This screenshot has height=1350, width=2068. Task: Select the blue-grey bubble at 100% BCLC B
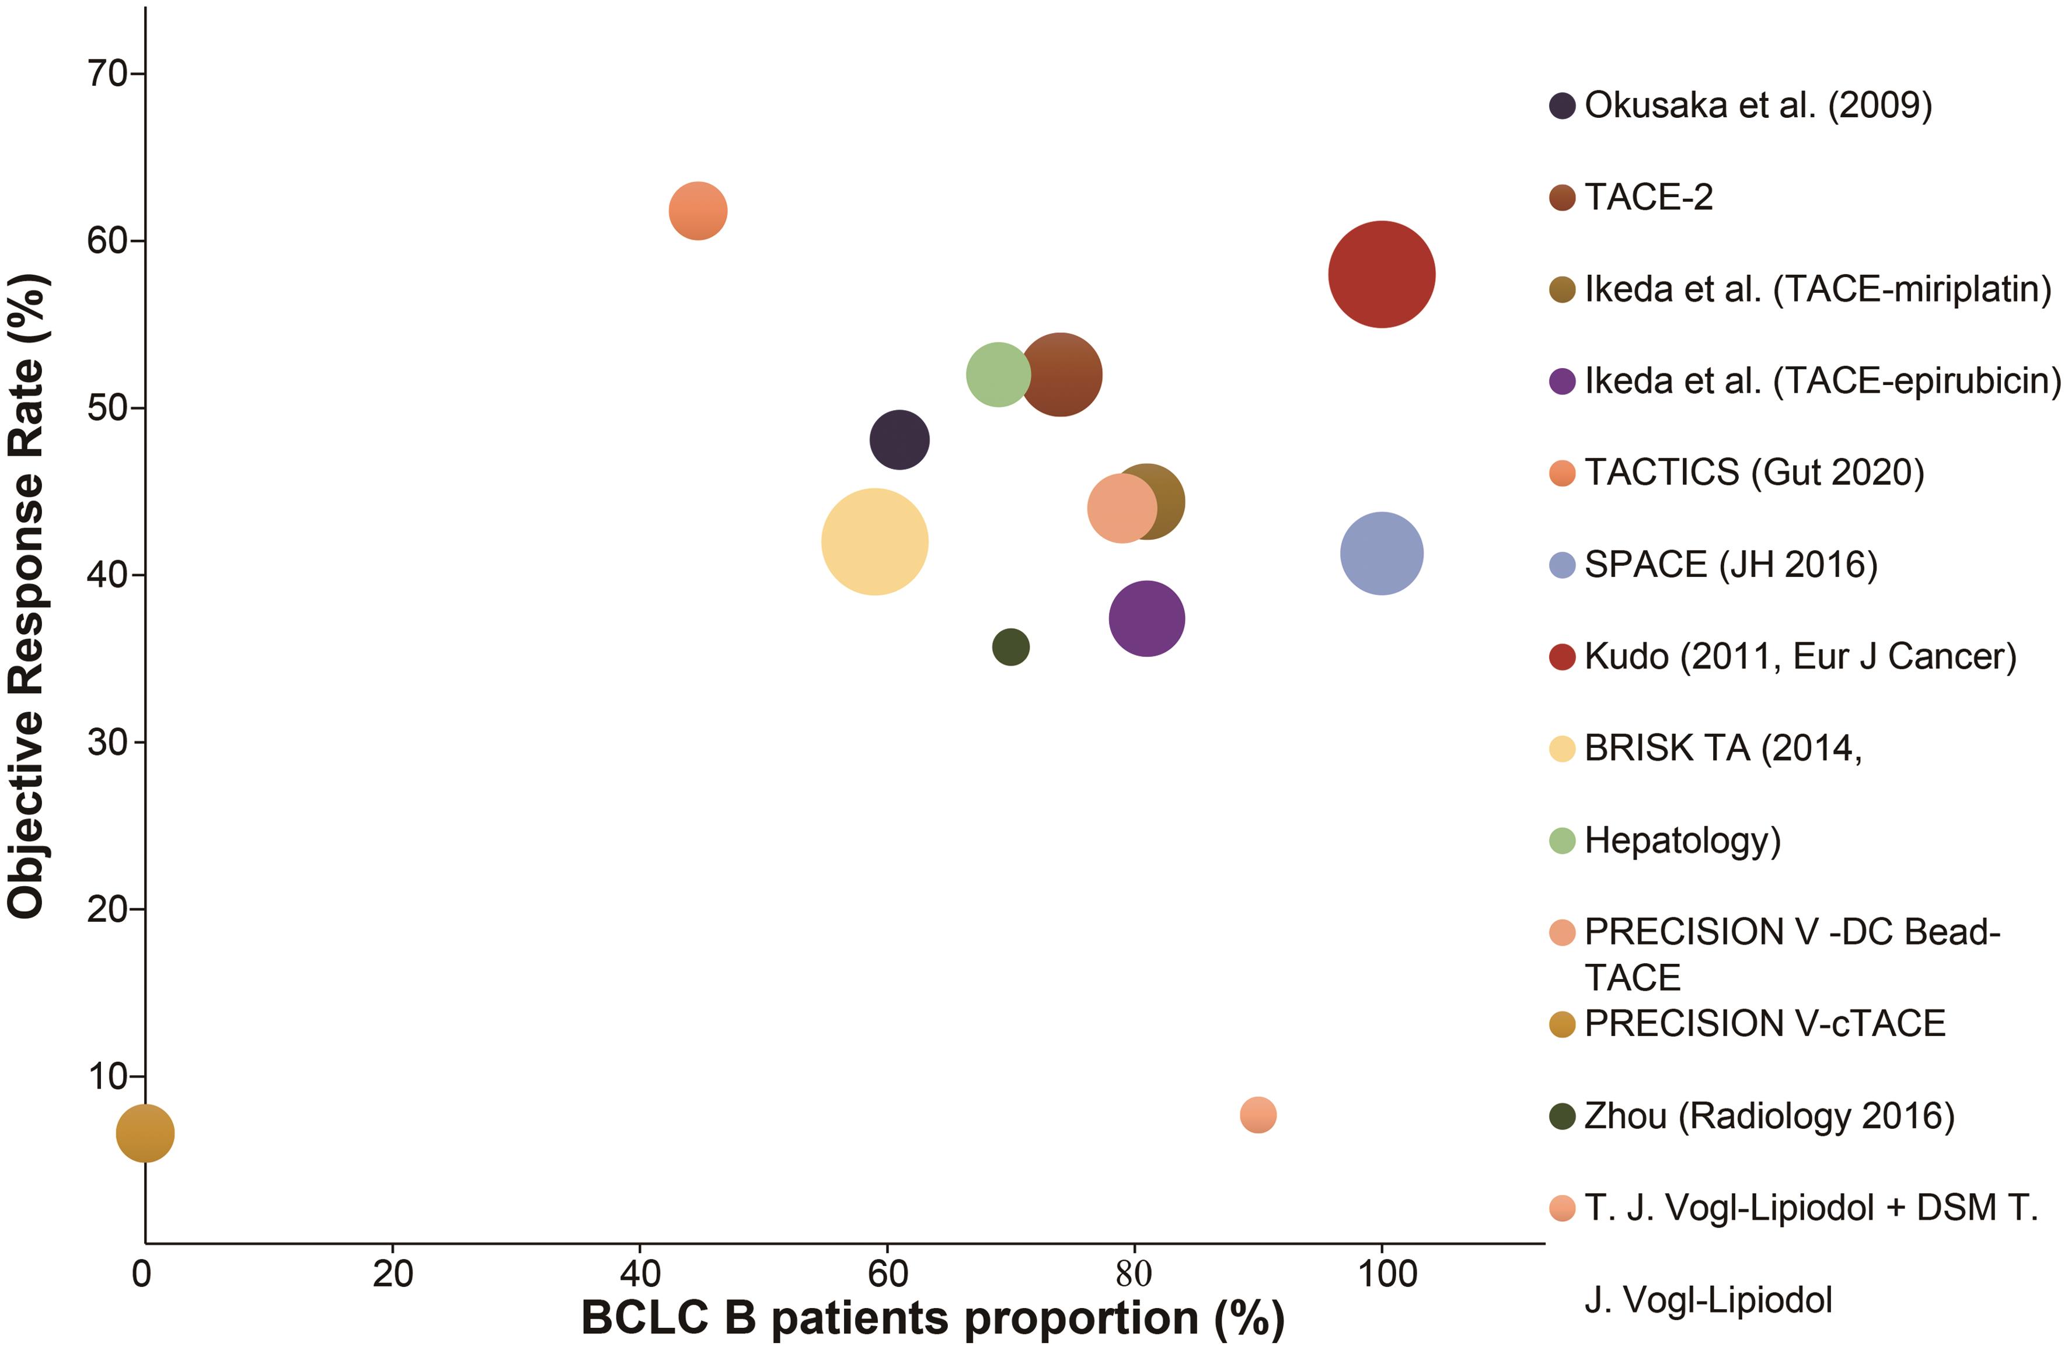1382,554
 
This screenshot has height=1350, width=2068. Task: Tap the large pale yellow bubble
874,542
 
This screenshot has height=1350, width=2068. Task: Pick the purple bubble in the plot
1146,618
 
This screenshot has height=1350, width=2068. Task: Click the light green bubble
998,375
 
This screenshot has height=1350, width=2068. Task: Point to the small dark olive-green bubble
1010,647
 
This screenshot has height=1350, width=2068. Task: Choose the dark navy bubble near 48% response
899,439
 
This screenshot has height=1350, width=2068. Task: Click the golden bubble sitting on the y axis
145,1133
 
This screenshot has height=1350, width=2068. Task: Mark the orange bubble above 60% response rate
698,210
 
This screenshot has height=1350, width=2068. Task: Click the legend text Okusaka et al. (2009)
1758,105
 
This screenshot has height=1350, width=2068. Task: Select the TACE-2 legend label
1648,197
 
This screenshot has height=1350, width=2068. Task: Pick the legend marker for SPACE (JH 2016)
1563,565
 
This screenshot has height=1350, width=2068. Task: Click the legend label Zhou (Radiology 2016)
1769,1115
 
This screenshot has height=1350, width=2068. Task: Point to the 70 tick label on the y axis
108,74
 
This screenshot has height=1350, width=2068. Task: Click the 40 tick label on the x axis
640,1274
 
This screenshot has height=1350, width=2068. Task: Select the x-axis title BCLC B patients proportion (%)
932,1318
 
